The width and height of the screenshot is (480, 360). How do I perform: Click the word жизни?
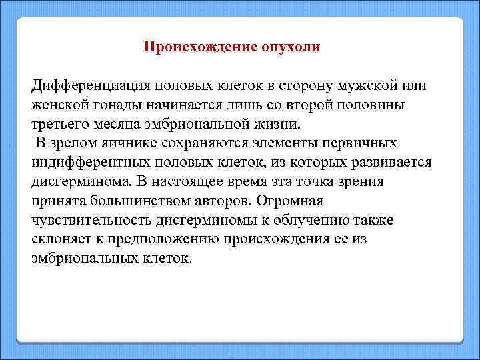point(281,124)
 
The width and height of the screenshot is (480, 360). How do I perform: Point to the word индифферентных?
point(91,162)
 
